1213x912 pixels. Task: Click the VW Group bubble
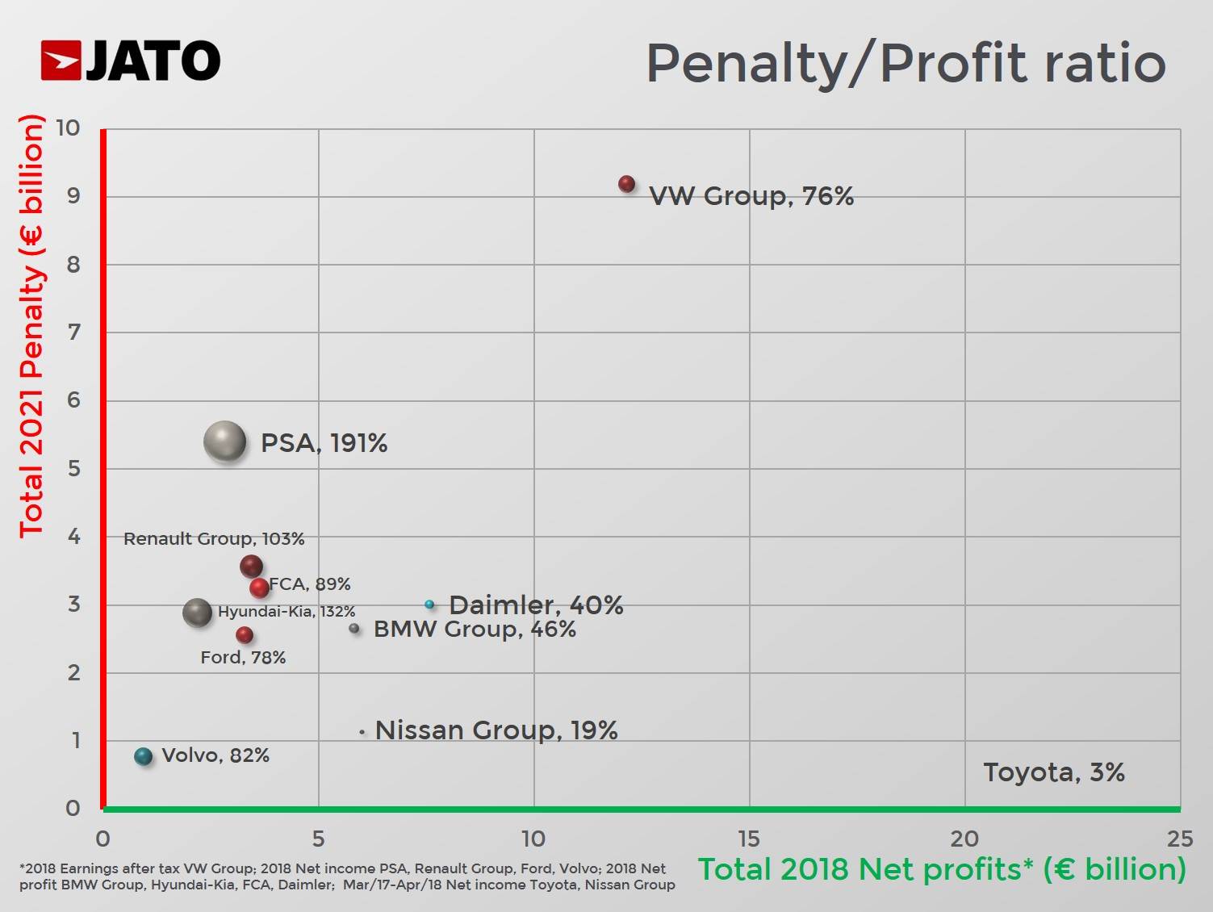coord(626,184)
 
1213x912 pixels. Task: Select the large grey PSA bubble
coord(225,441)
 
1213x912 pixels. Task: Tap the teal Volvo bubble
coord(144,756)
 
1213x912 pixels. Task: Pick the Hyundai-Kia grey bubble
coord(197,613)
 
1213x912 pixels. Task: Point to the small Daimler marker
coord(429,604)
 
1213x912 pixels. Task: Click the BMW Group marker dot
coord(354,628)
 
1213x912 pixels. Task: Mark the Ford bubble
coord(245,635)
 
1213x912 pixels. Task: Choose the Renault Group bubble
coord(251,566)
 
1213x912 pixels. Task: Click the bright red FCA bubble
coord(259,588)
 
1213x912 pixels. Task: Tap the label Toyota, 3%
coord(1053,772)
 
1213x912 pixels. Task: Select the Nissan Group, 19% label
coord(496,730)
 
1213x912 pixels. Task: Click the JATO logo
coord(131,61)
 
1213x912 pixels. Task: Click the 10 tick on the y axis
coord(69,128)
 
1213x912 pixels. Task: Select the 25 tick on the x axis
coord(1179,839)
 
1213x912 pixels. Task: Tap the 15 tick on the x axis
coord(749,839)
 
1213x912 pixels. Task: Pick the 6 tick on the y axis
coord(73,400)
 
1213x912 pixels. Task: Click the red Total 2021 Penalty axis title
coord(31,326)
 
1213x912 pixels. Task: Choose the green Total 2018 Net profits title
coord(942,869)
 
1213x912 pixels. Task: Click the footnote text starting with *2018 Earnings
coord(347,876)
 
